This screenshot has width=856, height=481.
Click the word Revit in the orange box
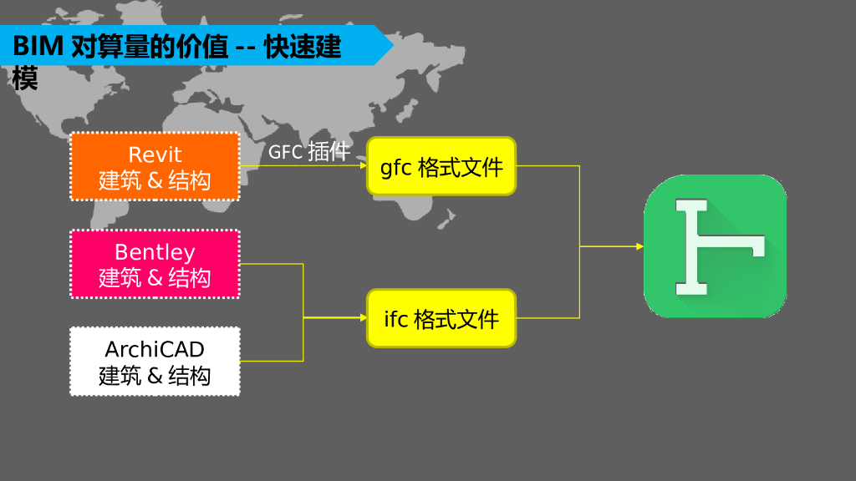tap(155, 154)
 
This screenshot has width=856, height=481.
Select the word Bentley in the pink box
tap(155, 251)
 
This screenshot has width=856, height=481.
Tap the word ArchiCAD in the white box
tap(155, 348)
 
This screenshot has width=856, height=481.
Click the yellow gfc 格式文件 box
tap(441, 167)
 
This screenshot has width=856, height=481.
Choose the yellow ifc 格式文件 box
tap(441, 318)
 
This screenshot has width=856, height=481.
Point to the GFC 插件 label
tap(308, 152)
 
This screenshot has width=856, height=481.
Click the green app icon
tap(715, 246)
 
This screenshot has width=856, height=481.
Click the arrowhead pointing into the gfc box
tap(362, 165)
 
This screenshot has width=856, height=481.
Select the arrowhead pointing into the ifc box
tap(362, 318)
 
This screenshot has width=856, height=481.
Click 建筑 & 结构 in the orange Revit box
tap(155, 180)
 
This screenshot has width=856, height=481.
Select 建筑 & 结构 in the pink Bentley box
tap(155, 277)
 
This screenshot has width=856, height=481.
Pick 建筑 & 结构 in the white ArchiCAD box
tap(155, 375)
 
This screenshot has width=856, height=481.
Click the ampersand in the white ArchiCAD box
tap(155, 376)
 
